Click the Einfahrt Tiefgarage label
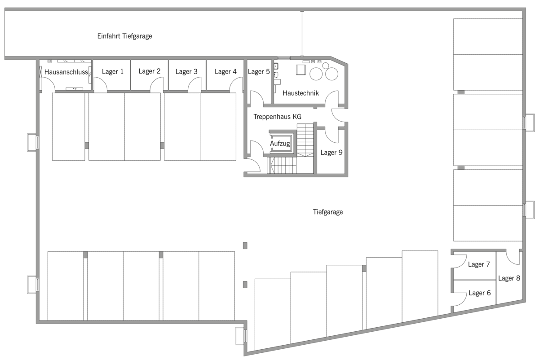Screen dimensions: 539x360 click(125, 36)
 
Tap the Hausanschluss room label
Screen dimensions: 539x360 click(66, 72)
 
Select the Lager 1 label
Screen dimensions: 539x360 click(113, 71)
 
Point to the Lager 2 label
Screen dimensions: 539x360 click(150, 71)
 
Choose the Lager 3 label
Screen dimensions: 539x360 click(186, 71)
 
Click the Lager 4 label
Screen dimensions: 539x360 click(225, 71)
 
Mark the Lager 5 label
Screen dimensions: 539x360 click(259, 71)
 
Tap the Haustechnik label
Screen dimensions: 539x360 click(301, 93)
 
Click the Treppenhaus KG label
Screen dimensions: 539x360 click(278, 117)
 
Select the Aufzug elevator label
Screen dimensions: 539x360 click(280, 144)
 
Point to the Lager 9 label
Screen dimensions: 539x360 click(331, 153)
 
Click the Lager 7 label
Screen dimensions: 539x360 click(479, 264)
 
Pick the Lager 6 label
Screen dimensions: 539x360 click(480, 293)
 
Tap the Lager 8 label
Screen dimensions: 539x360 click(509, 278)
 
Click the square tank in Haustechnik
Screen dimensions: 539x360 click(301, 70)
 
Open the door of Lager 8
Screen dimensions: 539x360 click(513, 258)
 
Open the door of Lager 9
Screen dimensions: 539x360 click(332, 136)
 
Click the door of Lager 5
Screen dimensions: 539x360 click(257, 98)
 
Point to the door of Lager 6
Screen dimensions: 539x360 click(459, 299)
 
